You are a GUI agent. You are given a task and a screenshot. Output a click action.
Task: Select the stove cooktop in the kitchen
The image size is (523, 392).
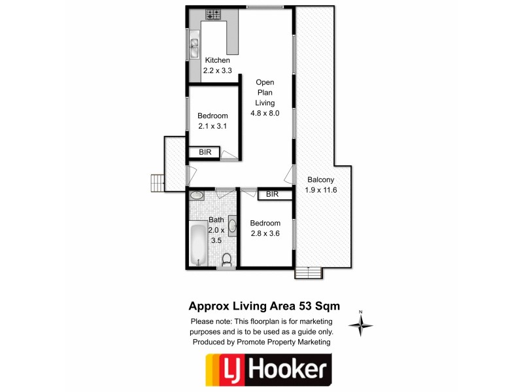click(x=214, y=13)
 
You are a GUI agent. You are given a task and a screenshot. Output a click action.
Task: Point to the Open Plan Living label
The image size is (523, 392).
click(x=265, y=92)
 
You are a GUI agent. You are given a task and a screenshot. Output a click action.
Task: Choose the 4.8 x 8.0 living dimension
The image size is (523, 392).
click(x=265, y=112)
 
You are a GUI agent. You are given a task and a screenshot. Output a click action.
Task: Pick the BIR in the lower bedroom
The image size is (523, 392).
click(x=273, y=194)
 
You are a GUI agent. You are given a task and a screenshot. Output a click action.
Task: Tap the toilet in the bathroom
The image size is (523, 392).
click(x=227, y=259)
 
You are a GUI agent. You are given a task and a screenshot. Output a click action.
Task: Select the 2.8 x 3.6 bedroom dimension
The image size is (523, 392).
click(x=265, y=233)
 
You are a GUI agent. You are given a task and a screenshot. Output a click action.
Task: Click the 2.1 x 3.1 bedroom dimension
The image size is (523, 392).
click(x=212, y=126)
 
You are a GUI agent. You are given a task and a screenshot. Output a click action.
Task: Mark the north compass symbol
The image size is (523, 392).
click(x=361, y=323)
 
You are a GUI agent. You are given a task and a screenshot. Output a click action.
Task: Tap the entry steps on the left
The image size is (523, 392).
click(x=157, y=183)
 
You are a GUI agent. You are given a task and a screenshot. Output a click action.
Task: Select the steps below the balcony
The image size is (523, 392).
click(x=309, y=272)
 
